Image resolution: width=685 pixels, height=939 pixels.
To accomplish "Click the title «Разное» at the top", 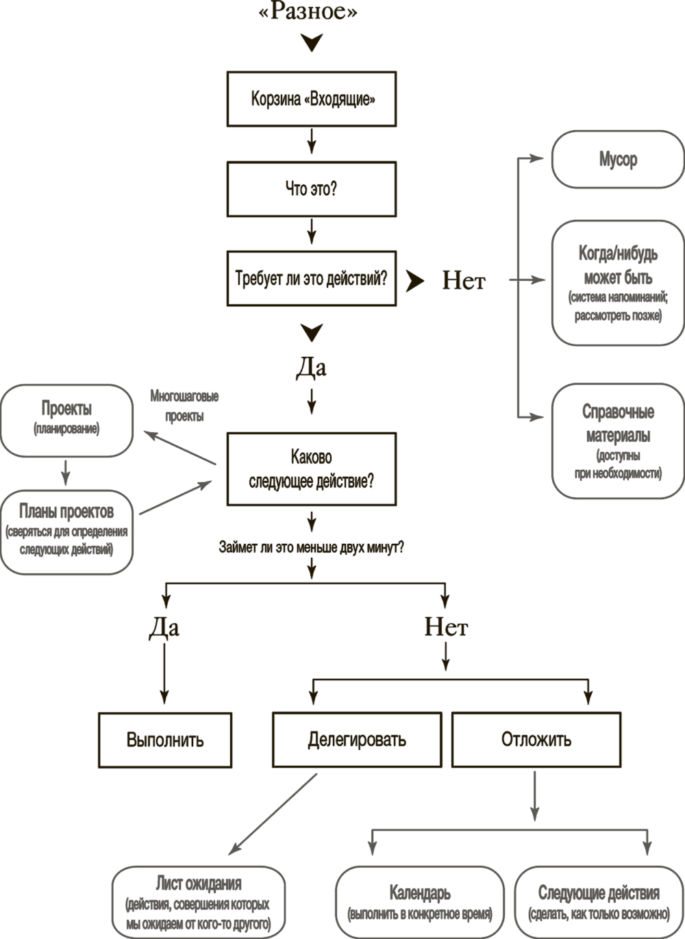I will point(309,12).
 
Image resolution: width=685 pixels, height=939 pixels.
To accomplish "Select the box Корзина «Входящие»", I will point(312,99).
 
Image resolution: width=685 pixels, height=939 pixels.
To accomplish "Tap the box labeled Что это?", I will point(312,189).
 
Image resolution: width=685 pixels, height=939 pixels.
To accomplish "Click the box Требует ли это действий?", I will point(312,278).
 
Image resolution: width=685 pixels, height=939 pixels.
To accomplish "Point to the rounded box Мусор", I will point(618,160).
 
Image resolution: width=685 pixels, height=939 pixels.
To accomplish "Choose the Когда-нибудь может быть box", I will point(618,282).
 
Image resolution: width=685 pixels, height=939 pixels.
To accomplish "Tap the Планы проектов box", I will point(66,531).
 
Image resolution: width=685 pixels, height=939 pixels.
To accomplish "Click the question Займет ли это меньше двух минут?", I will point(311,548).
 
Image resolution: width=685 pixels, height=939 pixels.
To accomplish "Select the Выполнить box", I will point(165,740).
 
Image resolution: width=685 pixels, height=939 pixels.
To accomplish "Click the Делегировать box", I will point(357,740).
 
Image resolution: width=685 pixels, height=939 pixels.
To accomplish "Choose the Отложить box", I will point(536,740).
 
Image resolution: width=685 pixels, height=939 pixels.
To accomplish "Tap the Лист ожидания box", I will point(199,903).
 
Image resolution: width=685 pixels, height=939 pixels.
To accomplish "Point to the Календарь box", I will point(419,903).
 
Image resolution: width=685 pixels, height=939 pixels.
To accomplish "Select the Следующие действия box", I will point(599,903).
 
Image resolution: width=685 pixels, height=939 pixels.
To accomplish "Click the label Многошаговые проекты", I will point(184,405).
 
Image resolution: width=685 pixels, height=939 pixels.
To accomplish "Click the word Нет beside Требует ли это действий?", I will point(464,281).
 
